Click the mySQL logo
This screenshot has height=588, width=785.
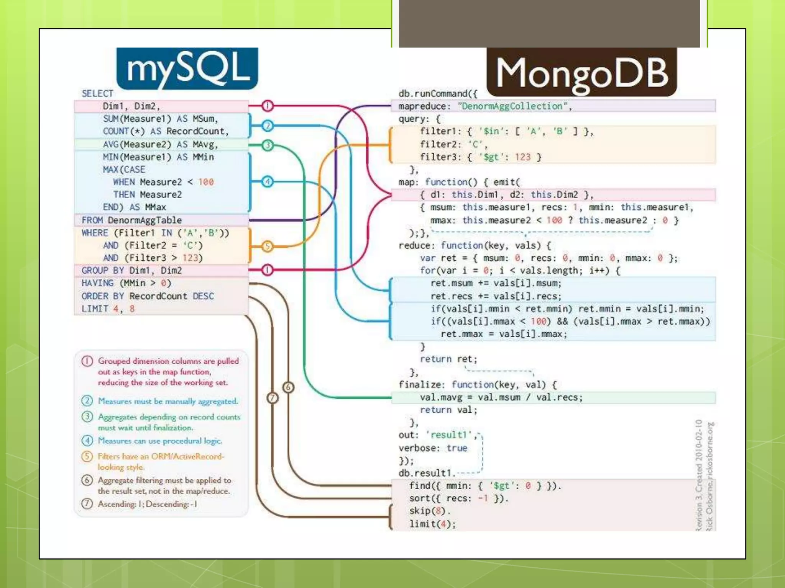pyautogui.click(x=187, y=68)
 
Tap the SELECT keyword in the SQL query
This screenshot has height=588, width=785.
pyautogui.click(x=97, y=93)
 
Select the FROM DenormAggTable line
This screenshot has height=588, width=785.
pyautogui.click(x=131, y=220)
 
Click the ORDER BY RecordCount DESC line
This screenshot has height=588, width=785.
pyautogui.click(x=148, y=296)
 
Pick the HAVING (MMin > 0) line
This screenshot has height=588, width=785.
pyautogui.click(x=126, y=283)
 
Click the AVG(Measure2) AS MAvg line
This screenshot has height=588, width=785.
pyautogui.click(x=160, y=144)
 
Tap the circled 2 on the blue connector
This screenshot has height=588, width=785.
pyautogui.click(x=268, y=125)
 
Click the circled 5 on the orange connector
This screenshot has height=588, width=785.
pyautogui.click(x=268, y=246)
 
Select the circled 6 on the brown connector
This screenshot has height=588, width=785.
pyautogui.click(x=288, y=387)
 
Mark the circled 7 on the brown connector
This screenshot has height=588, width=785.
pyautogui.click(x=272, y=398)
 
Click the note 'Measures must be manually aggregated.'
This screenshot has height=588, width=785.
pyautogui.click(x=168, y=401)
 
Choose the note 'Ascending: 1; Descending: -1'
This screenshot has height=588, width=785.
pyautogui.click(x=147, y=504)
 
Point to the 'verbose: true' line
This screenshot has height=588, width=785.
pyautogui.click(x=433, y=448)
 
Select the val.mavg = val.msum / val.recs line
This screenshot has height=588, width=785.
pyautogui.click(x=501, y=397)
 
